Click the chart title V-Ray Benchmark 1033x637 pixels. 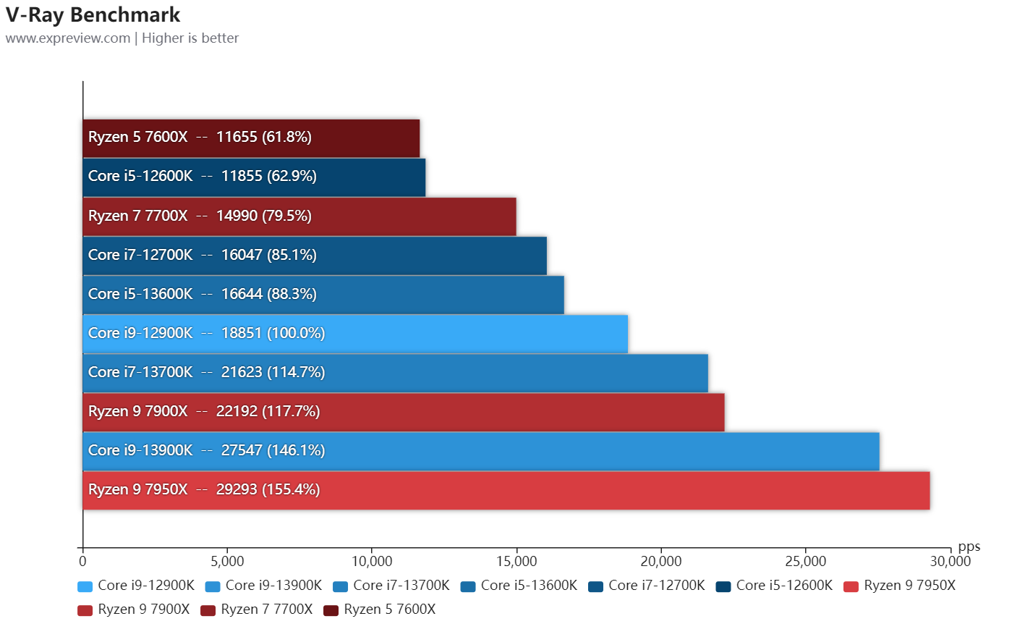tap(93, 14)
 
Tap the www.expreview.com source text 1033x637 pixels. tap(68, 38)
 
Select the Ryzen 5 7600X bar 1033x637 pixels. tap(251, 138)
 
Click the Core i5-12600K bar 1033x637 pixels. tap(254, 177)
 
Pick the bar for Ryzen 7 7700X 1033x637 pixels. tap(299, 216)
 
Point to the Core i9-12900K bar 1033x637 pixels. tap(355, 334)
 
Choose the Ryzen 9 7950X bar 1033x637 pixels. tap(506, 490)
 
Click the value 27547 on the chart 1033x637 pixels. tap(242, 450)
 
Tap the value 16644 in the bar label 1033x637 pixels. tap(242, 294)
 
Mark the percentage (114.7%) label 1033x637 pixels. tap(296, 372)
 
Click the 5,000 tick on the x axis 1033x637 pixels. tap(227, 562)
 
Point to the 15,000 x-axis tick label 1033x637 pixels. tap(516, 562)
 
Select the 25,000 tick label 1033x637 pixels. tap(805, 562)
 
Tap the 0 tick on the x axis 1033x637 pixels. tap(82, 562)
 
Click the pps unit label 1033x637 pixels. tap(969, 547)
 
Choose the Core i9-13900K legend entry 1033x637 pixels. tap(264, 586)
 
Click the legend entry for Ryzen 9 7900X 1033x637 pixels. tap(134, 609)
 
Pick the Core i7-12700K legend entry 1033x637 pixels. tap(647, 586)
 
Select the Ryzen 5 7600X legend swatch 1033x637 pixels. tap(331, 610)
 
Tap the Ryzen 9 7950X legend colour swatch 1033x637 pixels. tap(851, 586)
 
